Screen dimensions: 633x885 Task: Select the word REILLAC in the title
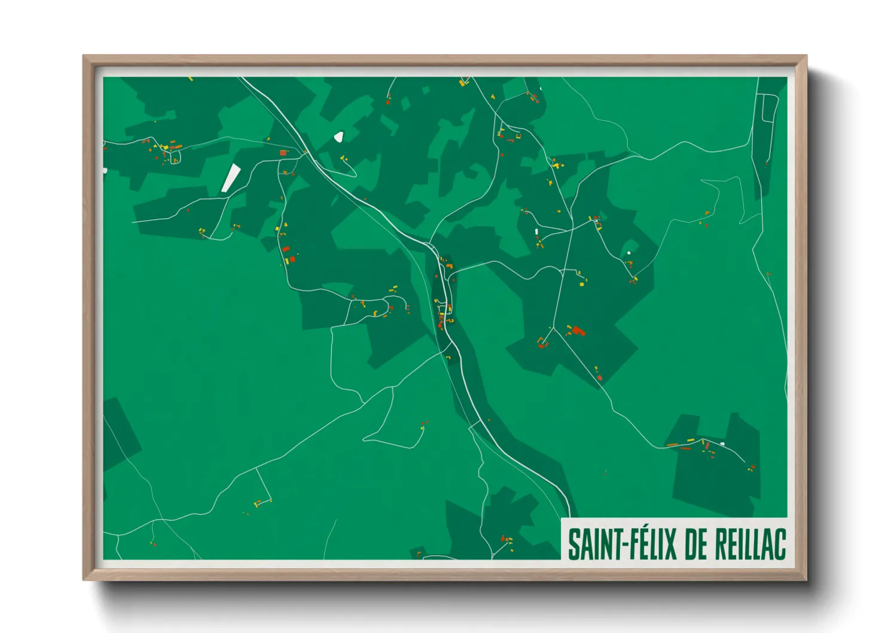pos(750,544)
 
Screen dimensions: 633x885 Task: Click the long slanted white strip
pos(230,178)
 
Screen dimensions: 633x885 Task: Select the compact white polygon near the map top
pos(339,137)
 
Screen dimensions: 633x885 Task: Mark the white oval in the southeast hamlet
pos(722,443)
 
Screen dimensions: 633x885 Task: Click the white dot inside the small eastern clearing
pos(629,253)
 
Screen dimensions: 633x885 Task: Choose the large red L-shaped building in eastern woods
pos(577,330)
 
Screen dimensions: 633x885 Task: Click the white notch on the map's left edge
pos(105,171)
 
